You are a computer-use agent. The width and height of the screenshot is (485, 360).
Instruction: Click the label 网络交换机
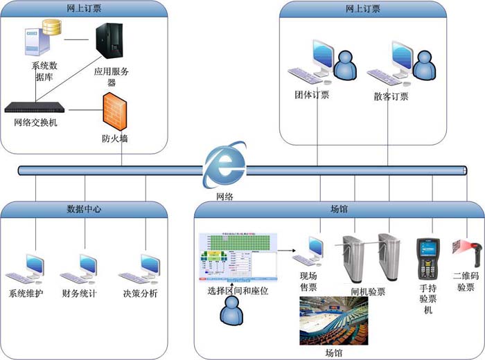[36, 123]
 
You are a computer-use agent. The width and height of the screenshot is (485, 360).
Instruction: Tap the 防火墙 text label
[114, 138]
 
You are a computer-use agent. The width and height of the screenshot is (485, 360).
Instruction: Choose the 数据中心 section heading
[84, 208]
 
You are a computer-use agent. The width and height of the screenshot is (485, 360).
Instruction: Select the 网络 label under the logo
[224, 197]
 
